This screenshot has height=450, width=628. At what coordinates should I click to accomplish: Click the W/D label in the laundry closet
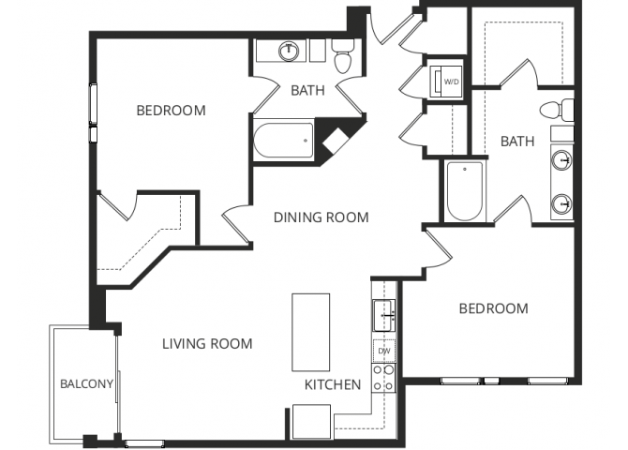coord(451,82)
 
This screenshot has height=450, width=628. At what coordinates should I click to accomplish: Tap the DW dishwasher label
coord(383,352)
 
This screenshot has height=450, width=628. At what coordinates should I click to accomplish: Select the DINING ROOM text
coord(321,217)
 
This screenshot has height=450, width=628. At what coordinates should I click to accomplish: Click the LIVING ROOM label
coord(208,344)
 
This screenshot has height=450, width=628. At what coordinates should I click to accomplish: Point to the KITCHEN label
coord(333,384)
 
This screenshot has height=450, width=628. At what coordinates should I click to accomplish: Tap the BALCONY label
coord(86,383)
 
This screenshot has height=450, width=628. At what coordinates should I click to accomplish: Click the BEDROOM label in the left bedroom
coord(171,112)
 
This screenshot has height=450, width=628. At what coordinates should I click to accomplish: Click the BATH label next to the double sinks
coord(517,142)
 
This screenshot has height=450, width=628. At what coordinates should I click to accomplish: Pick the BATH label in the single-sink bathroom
coord(307,91)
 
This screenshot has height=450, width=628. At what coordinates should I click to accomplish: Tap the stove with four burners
coord(382,378)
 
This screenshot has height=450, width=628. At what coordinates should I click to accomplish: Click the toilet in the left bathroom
coord(342,58)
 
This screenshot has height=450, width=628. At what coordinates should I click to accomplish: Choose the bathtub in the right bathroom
coord(464,191)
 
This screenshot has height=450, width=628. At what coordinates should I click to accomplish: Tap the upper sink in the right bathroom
coord(562,159)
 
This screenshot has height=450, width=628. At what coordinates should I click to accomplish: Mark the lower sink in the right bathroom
coord(562,202)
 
